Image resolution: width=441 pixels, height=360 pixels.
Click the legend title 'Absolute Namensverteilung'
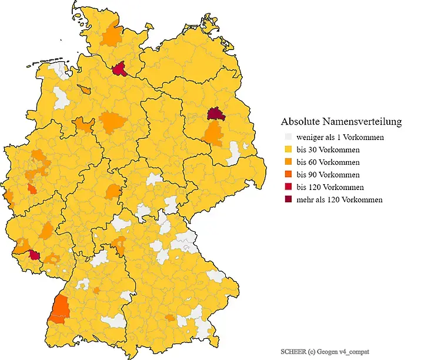pos(341,122)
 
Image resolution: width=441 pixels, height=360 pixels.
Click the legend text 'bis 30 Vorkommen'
pos(328,150)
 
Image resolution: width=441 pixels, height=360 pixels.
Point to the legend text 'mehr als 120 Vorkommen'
pos(339,199)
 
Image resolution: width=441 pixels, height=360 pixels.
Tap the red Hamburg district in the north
pos(121,70)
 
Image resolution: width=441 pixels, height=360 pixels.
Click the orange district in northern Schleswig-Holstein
pos(111,35)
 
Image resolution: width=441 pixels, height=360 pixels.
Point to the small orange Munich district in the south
pos(169,318)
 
